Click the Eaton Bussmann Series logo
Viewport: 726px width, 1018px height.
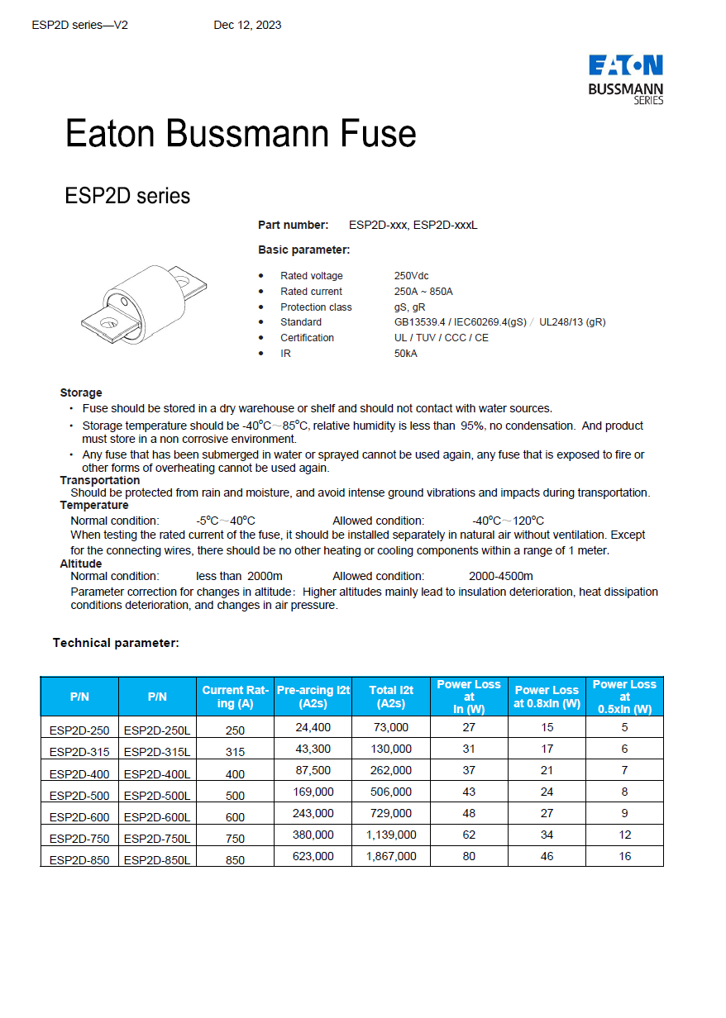pos(625,79)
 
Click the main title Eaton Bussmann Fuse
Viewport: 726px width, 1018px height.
pos(241,133)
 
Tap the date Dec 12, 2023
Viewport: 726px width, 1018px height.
pos(247,25)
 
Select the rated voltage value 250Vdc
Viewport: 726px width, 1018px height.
pos(411,276)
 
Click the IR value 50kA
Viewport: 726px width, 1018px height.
pos(405,354)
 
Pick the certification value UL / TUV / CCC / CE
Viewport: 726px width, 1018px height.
pos(441,338)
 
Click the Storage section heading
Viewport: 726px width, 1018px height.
pos(81,392)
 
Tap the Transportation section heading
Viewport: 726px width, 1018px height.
pos(99,480)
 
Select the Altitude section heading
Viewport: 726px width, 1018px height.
pos(81,564)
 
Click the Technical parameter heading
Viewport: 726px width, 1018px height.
pos(116,643)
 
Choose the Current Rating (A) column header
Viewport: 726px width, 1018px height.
pos(235,697)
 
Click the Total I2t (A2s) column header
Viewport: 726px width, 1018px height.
pos(391,697)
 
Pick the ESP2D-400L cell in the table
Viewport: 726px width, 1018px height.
pos(157,774)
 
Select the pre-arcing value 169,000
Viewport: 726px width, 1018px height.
pos(313,792)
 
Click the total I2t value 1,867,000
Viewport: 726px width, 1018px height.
pos(391,857)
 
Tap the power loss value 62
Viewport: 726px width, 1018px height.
pos(469,835)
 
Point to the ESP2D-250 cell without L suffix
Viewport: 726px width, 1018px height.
pos(79,730)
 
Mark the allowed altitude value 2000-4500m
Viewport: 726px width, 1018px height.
pos(500,576)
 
